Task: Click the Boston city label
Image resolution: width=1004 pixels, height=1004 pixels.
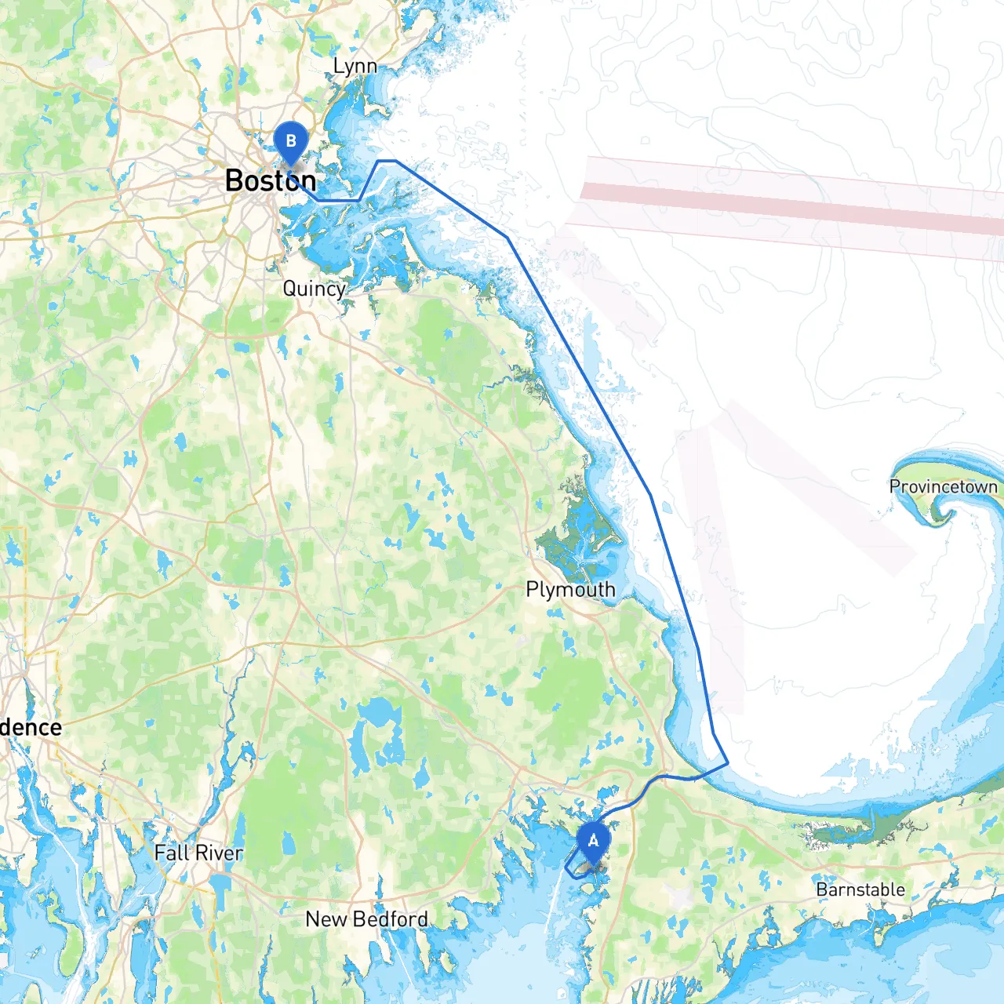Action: pos(271,181)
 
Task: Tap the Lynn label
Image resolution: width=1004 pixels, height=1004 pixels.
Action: pos(355,67)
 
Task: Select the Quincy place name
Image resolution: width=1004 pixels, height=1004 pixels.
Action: pos(314,289)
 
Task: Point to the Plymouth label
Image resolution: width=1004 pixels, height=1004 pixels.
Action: pos(570,590)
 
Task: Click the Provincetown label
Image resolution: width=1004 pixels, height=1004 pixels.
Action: pos(943,487)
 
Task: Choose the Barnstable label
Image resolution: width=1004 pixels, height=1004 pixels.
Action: pos(860,889)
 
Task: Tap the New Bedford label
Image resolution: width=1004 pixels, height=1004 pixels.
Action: pos(366,919)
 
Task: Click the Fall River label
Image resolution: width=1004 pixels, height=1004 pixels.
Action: pos(198,853)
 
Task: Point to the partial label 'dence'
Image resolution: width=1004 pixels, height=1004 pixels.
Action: pos(31,727)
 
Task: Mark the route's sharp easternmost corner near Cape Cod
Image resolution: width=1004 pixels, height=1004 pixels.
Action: pos(728,762)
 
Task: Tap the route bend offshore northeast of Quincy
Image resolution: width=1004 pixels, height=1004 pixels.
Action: pos(507,237)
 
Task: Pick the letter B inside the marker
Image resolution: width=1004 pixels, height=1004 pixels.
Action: pos(291,141)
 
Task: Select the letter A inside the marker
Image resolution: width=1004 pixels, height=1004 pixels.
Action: pos(593,841)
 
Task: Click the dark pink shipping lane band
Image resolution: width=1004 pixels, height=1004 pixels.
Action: pos(784,206)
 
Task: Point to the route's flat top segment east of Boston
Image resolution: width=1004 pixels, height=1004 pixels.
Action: pos(387,161)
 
